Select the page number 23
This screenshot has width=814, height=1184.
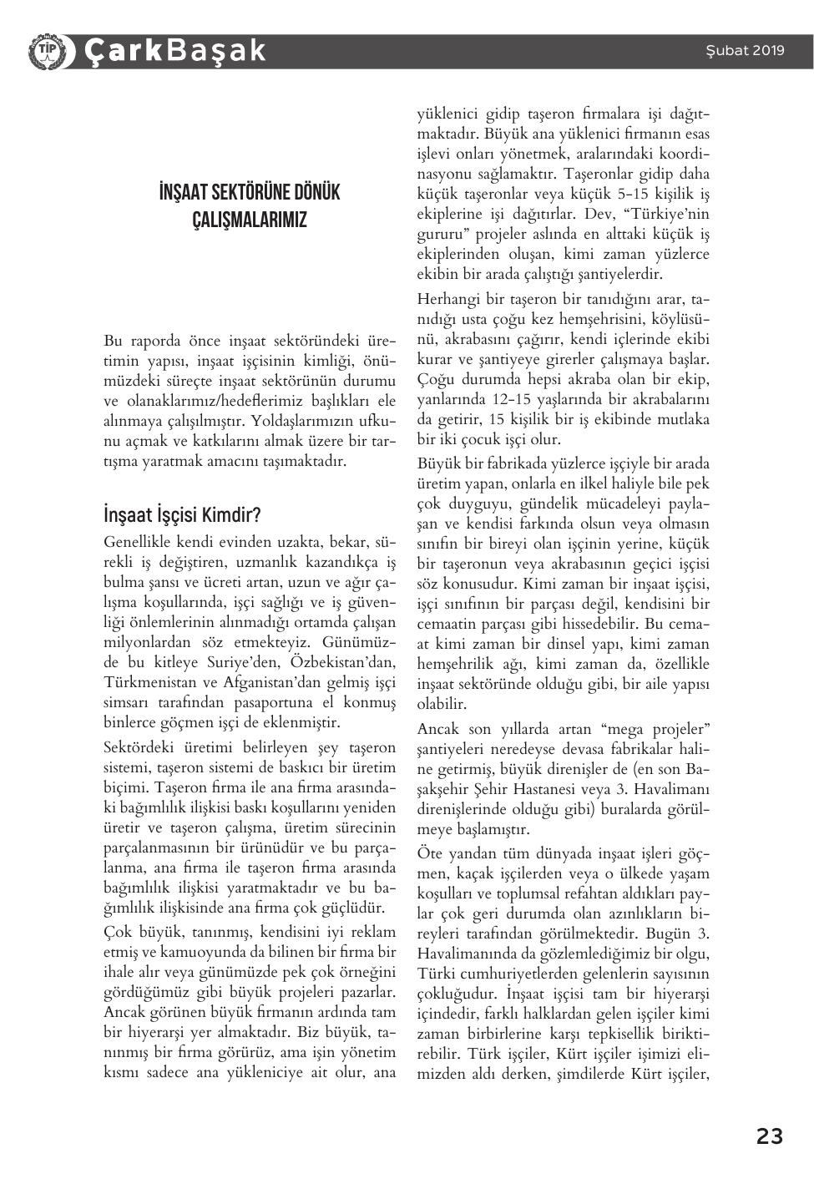pos(769,1136)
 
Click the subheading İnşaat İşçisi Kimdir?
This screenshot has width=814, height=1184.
pos(183,514)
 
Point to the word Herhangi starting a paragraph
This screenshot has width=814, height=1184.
pos(447,299)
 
